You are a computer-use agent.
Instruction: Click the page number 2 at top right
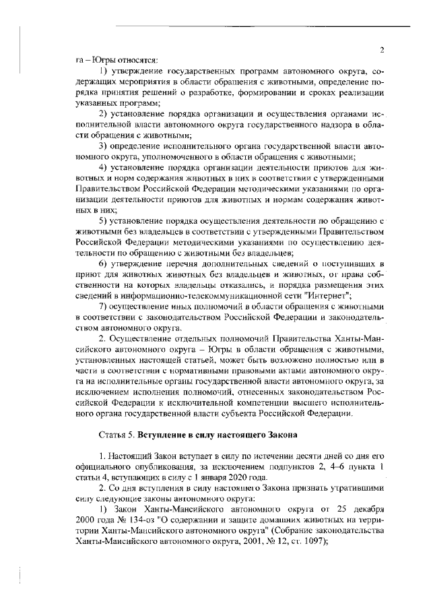point(381,49)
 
